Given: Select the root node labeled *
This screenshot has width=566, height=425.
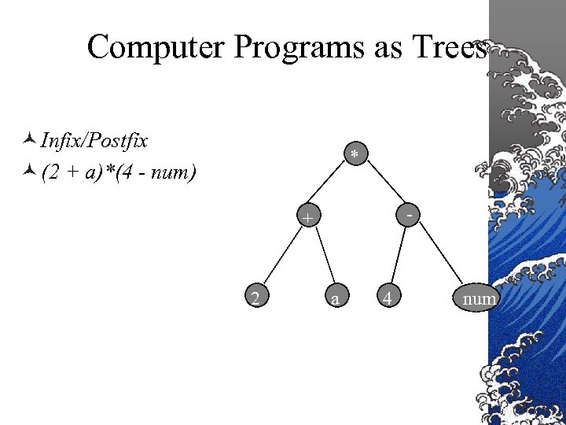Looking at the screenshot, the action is (x=355, y=155).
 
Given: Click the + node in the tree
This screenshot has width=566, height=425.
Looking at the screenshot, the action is (x=307, y=216).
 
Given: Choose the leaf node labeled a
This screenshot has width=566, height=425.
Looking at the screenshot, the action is (x=336, y=297).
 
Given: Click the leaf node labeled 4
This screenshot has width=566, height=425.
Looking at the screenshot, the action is (x=386, y=297).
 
